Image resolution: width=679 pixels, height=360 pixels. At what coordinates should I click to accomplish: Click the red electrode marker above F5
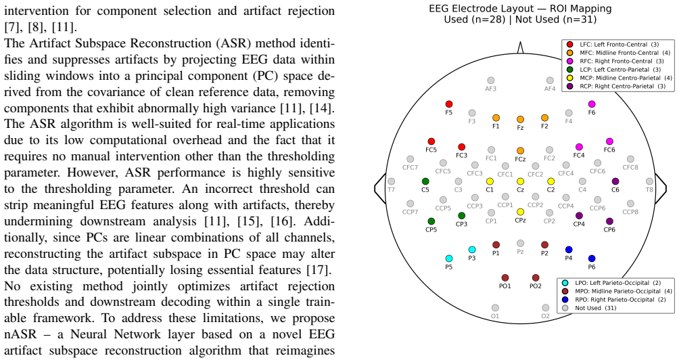point(448,104)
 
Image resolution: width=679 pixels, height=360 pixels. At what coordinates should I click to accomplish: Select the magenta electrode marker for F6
point(592,104)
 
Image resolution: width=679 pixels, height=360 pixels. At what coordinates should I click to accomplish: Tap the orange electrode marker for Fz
point(520,119)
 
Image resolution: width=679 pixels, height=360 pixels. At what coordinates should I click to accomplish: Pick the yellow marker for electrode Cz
point(520,181)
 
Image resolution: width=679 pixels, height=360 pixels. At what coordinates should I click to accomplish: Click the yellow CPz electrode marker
point(520,212)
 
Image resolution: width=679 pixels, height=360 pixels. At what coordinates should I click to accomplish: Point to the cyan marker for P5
point(448,258)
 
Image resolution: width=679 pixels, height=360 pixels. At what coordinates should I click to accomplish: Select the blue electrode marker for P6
point(592,258)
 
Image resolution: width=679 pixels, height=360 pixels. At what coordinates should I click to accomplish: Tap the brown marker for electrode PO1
point(505,277)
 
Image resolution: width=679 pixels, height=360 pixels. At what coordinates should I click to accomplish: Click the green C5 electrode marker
point(425,181)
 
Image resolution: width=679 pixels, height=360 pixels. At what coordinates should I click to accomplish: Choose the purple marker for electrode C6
point(615,181)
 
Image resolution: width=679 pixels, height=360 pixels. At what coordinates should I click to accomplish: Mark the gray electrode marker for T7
point(391,181)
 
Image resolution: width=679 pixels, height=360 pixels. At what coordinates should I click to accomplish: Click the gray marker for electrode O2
point(545,308)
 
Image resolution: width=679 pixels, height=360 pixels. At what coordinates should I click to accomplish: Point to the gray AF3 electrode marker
point(490,81)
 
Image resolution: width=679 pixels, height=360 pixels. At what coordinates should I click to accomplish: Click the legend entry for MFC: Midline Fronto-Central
point(617,53)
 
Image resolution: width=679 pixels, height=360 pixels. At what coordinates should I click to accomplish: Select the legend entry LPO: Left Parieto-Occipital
point(611,283)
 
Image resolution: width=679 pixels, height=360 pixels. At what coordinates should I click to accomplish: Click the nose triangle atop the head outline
point(520,47)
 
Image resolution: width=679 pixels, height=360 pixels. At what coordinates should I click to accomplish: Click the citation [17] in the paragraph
point(318,270)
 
